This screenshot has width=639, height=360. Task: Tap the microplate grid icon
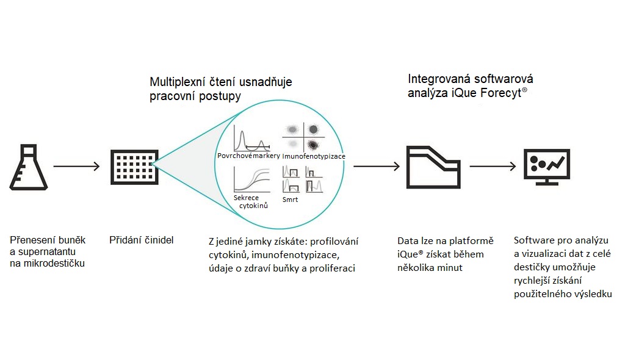[x=134, y=167]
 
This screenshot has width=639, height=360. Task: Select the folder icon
[x=433, y=167]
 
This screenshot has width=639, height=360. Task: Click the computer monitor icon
[x=547, y=167]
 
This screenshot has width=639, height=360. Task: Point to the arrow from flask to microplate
[x=77, y=166]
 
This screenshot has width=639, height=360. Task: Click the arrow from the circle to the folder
[x=377, y=166]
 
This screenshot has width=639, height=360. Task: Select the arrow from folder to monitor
[x=493, y=166]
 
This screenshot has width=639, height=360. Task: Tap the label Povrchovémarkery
[x=248, y=156]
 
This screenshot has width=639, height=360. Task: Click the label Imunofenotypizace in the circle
[x=314, y=156]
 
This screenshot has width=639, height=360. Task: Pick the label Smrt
[x=290, y=200]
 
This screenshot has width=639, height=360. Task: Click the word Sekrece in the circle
[x=246, y=198]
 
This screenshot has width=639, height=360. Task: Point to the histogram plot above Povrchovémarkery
[x=251, y=138]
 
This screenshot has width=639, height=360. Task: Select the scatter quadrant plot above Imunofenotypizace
[x=303, y=137]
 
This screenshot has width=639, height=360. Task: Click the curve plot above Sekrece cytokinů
[x=252, y=179]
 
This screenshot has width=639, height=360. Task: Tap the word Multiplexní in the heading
[x=177, y=82]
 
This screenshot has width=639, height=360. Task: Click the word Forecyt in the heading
[x=501, y=93]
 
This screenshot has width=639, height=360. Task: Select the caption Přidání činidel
[x=142, y=240]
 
